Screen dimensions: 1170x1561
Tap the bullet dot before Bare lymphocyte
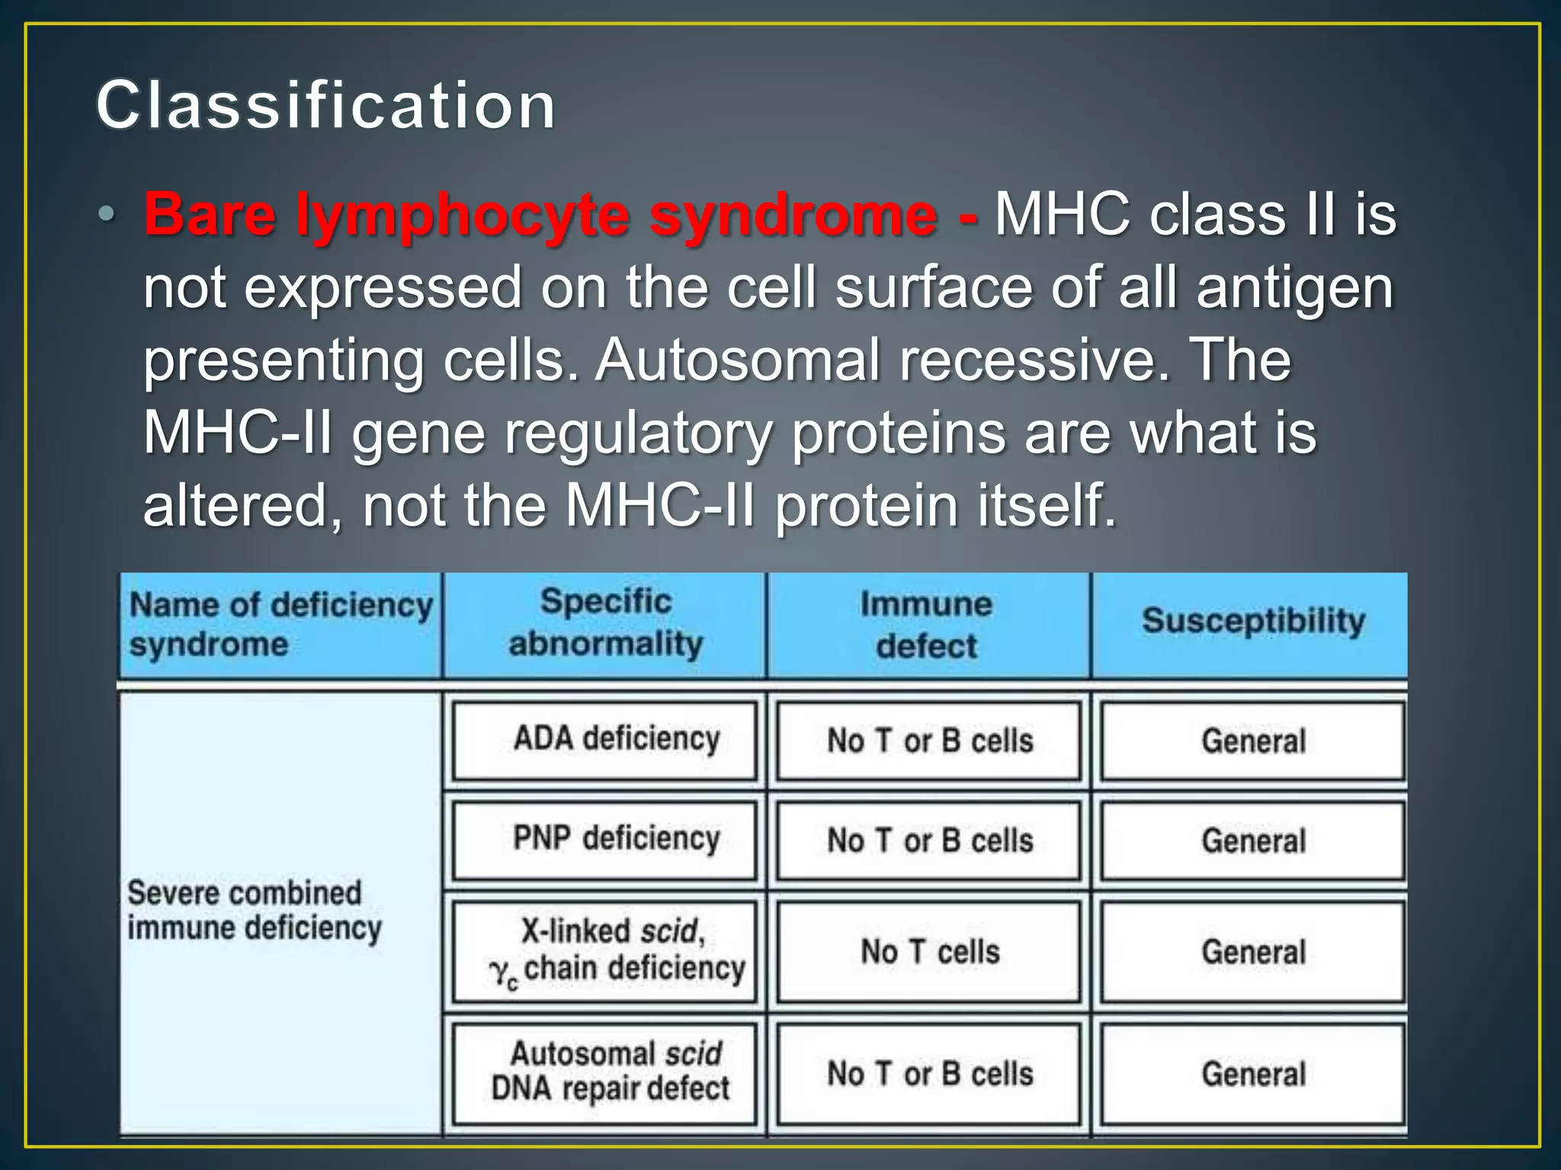click(107, 214)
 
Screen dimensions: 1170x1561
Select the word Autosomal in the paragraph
click(737, 360)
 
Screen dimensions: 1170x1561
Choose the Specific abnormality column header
click(605, 623)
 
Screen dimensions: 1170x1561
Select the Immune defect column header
click(927, 625)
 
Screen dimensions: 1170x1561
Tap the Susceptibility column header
click(1253, 621)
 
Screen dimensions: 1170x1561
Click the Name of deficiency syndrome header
click(280, 625)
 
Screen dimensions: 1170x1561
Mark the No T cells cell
click(930, 951)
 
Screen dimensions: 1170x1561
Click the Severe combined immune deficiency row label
click(254, 911)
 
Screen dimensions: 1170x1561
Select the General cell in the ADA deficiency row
click(1253, 741)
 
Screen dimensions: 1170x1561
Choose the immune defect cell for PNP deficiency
click(930, 841)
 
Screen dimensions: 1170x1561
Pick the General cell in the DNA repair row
click(1253, 1074)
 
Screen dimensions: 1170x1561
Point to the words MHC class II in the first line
click(1166, 214)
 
